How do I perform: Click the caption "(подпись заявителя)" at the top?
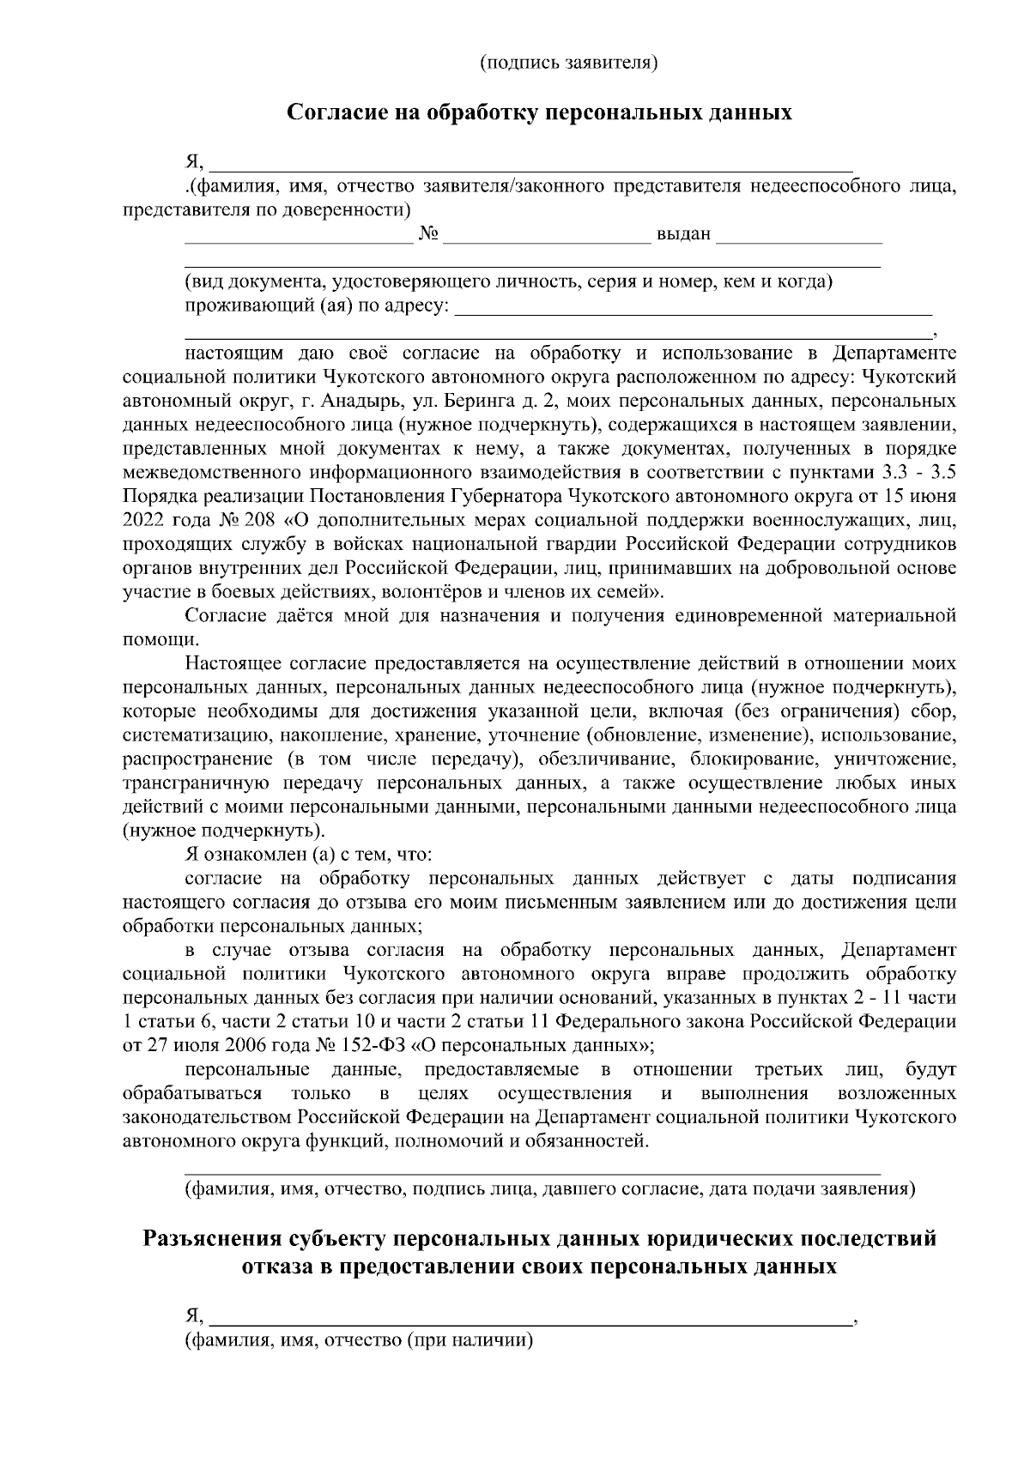pos(568,62)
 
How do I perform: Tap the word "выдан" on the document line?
pos(683,233)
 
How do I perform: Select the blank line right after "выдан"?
pos(798,239)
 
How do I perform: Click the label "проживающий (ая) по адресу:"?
pos(316,306)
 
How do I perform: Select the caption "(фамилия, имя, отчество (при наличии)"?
pos(359,1340)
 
